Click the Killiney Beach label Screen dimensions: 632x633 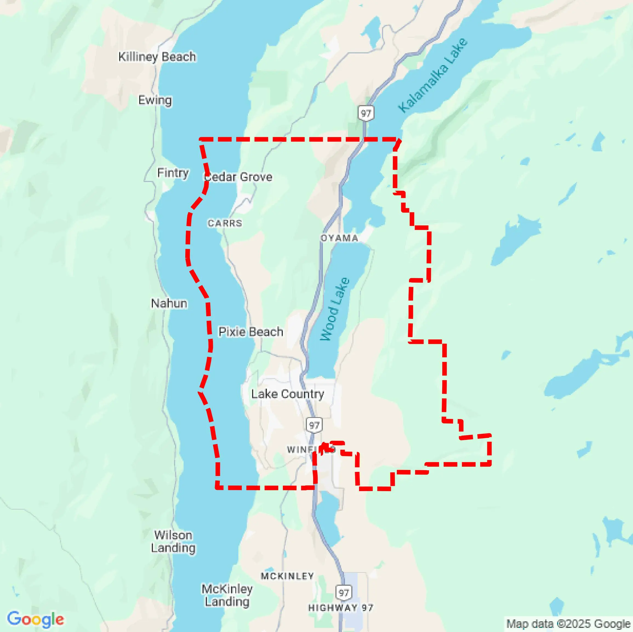pos(157,57)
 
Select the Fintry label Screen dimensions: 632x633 pos(173,172)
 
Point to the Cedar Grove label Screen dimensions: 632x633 pos(238,177)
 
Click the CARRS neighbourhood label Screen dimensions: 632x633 pos(225,223)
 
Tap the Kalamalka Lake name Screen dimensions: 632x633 pos(433,76)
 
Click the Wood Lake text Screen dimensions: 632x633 pos(335,309)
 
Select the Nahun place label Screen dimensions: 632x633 pos(169,303)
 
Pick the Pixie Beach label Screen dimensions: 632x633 pos(251,332)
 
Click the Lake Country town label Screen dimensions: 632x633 pos(288,394)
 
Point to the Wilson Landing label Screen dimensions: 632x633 pos(173,541)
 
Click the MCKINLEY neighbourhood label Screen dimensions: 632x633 pos(287,576)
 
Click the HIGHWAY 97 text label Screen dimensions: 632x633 pos(341,608)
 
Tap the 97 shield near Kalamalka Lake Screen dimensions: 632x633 pos(366,114)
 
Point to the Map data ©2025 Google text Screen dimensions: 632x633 pos(568,624)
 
